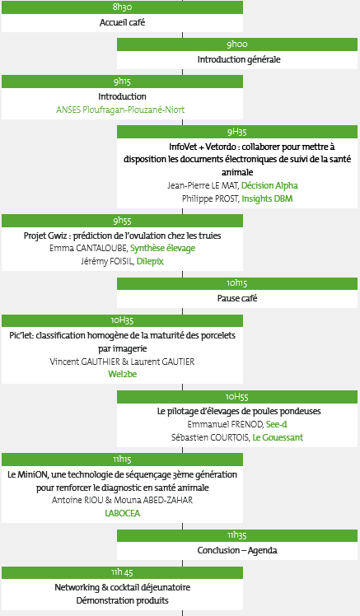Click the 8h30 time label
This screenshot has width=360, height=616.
(122, 7)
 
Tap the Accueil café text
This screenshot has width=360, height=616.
(122, 22)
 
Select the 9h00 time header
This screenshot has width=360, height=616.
(237, 44)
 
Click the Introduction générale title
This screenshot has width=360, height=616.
(239, 59)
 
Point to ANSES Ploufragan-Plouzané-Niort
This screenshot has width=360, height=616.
(120, 110)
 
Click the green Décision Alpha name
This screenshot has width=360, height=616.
(269, 185)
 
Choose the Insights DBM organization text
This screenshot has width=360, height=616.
(267, 198)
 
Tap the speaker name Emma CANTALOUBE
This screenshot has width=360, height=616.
(88, 248)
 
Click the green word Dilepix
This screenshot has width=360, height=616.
(150, 261)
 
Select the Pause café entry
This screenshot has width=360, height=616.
(237, 298)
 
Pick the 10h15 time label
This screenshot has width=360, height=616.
(237, 282)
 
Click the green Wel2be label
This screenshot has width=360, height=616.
(123, 374)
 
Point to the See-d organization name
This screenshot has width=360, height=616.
(277, 424)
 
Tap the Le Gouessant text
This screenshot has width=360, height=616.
(278, 437)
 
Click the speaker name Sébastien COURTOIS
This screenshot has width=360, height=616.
(211, 437)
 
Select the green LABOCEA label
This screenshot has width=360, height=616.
(123, 513)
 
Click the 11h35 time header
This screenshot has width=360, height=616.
(237, 535)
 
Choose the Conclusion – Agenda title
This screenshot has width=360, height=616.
(237, 550)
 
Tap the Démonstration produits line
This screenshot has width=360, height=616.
(122, 600)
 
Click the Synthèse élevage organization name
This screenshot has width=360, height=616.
(163, 248)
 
